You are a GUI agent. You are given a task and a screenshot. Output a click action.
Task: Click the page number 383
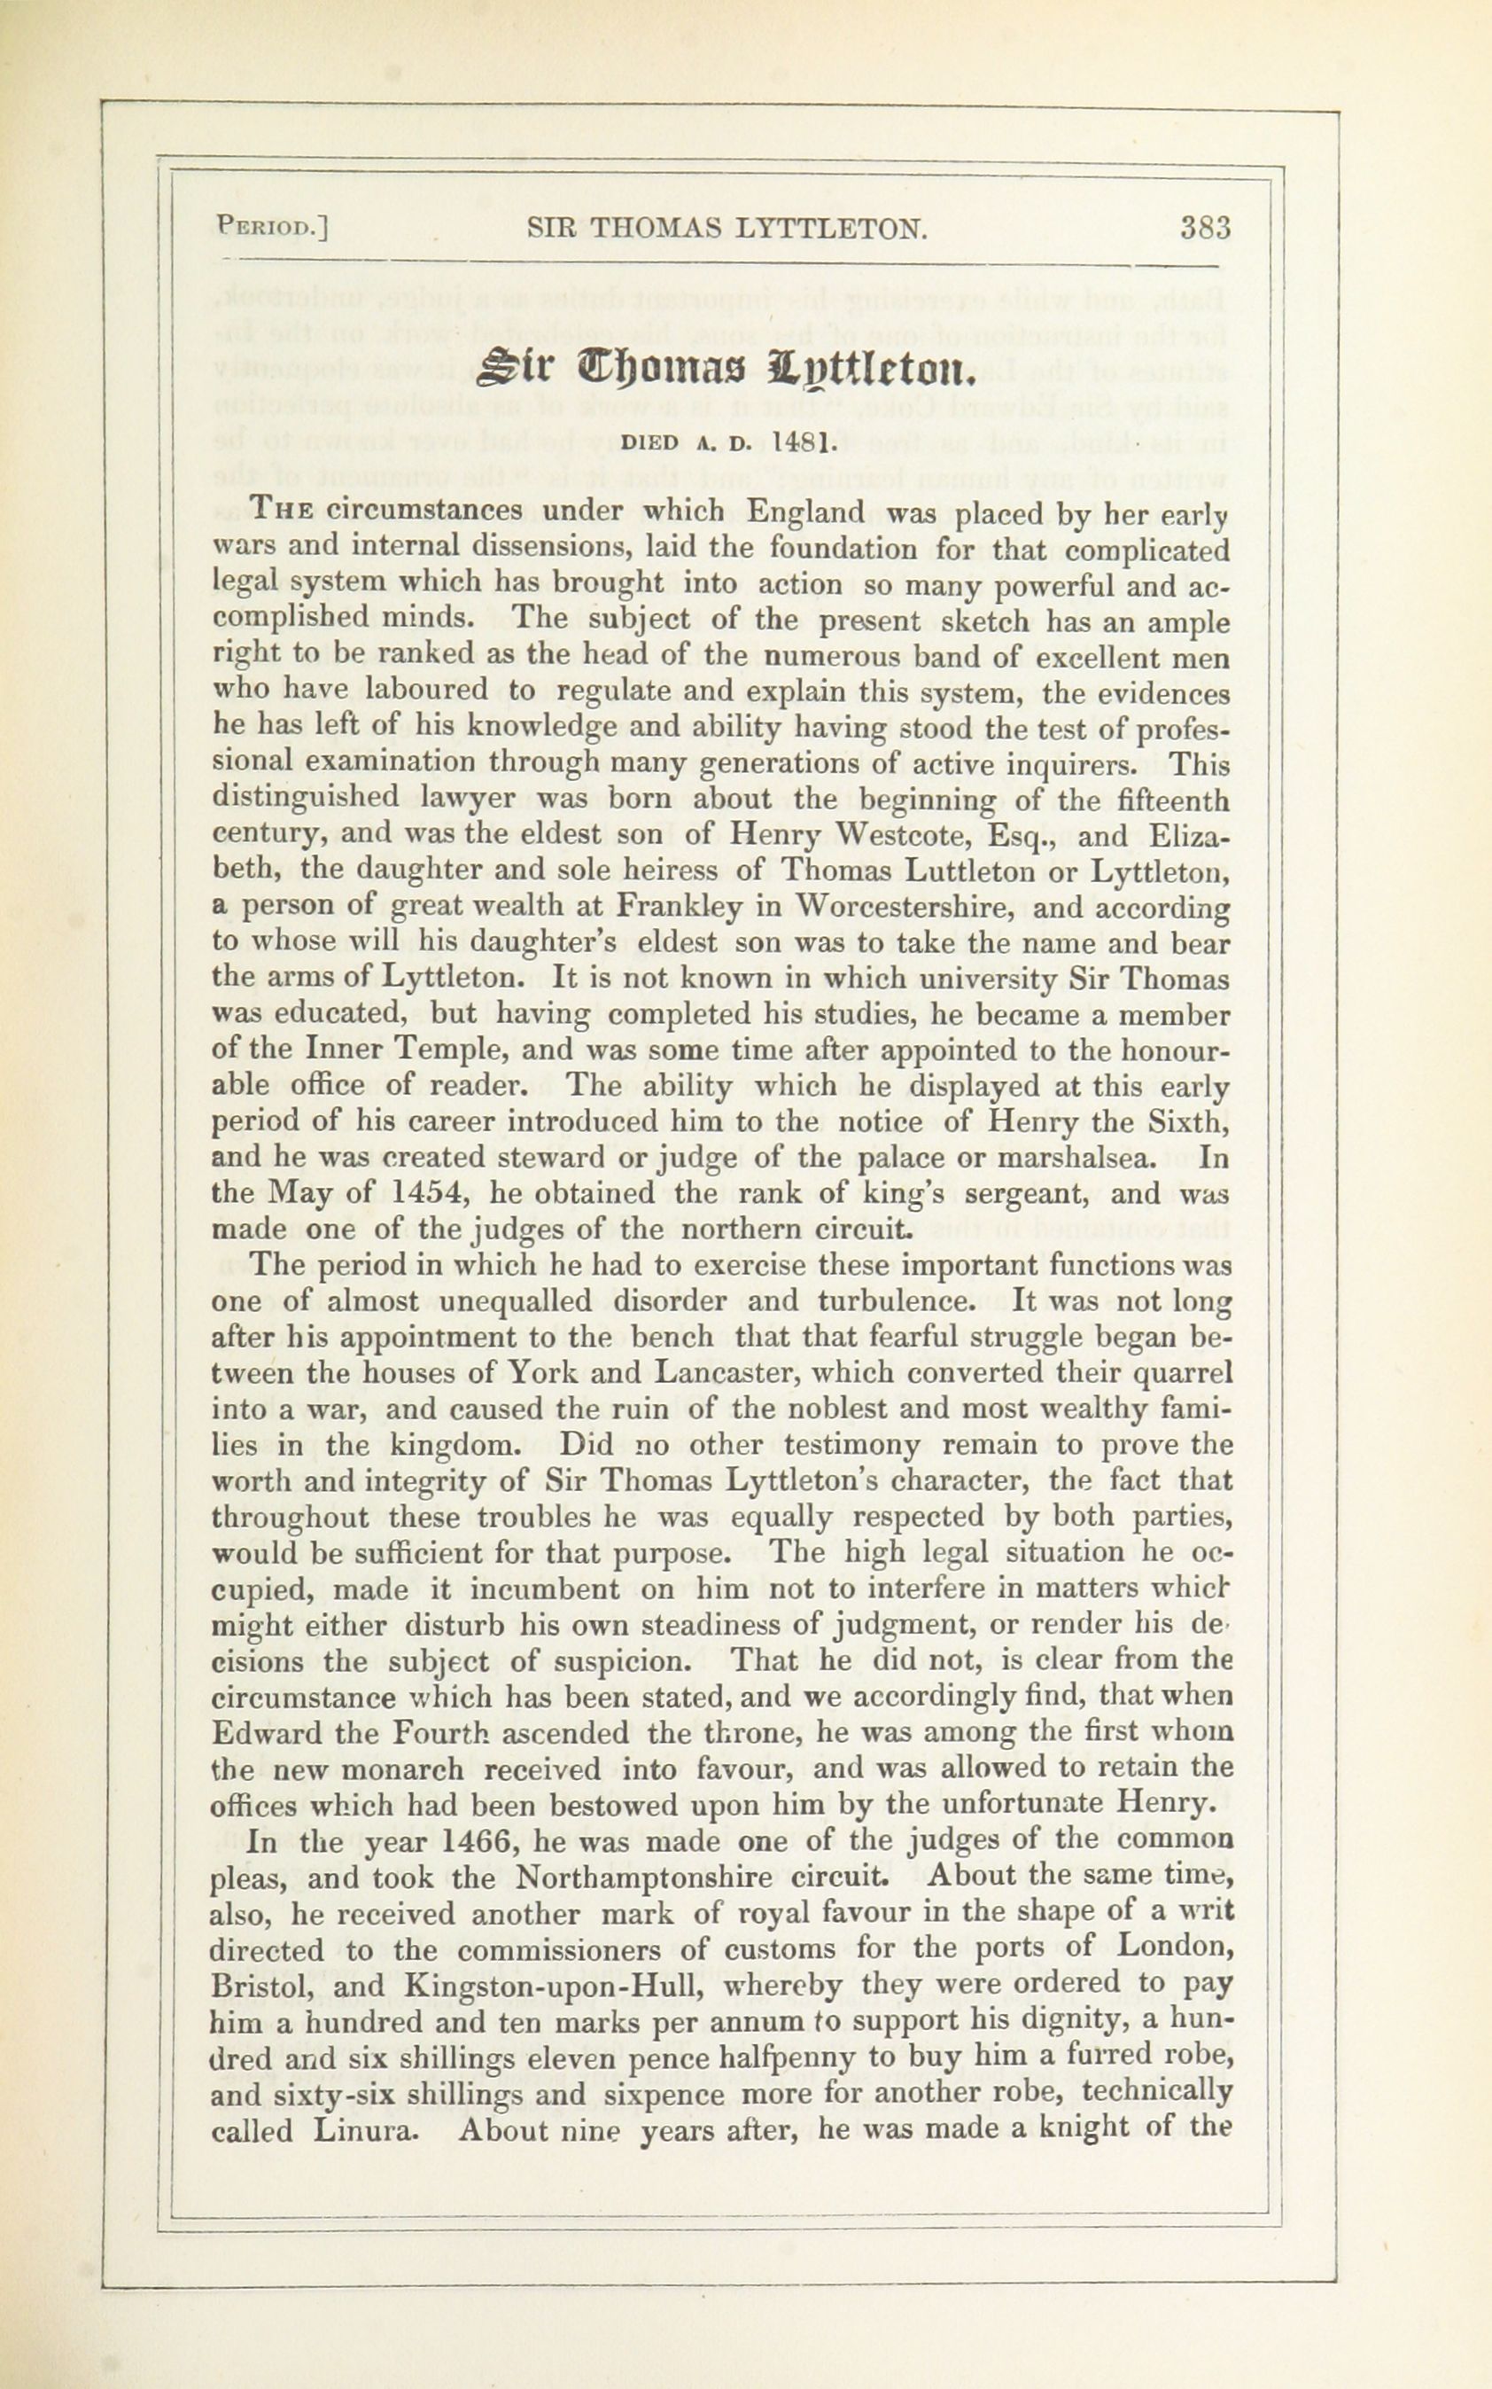1206,230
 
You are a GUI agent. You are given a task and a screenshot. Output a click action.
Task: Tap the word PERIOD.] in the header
272,230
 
